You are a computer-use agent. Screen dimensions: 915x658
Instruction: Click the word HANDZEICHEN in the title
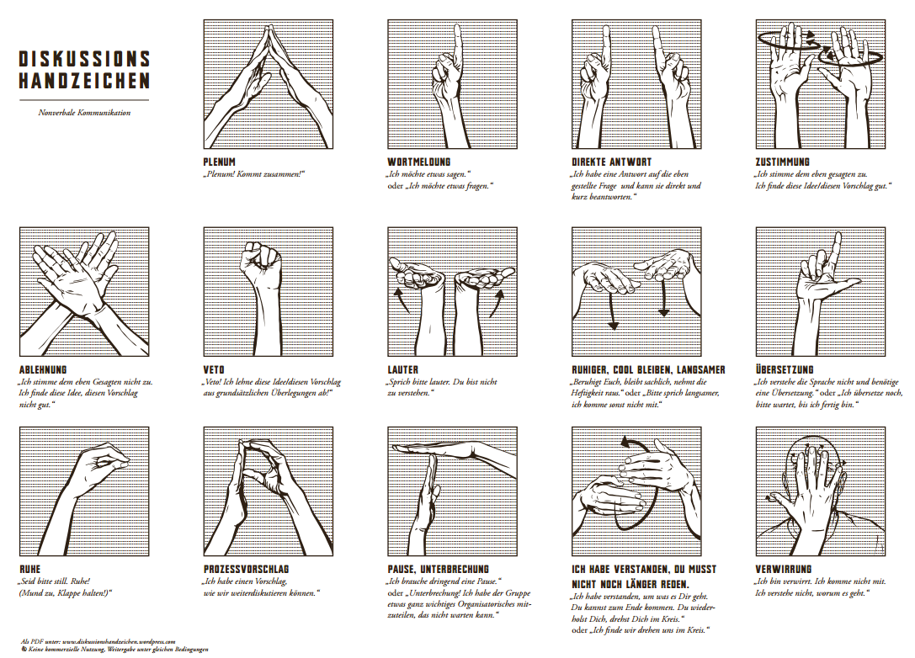85,81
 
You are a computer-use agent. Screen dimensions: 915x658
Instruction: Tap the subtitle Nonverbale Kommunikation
85,113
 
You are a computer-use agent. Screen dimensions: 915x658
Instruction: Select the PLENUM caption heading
220,162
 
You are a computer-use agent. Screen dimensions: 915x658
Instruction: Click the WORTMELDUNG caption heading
419,162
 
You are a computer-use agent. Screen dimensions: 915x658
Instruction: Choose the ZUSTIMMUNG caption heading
783,162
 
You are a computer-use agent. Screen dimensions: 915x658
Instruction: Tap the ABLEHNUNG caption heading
43,370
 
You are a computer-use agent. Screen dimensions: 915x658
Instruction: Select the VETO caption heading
214,370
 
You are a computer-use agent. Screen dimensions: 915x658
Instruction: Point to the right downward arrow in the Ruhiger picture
663,298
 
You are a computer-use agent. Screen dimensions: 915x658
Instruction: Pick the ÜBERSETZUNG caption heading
785,370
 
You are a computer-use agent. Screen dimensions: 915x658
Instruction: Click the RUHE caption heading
29,570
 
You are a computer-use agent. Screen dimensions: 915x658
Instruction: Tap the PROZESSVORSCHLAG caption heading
247,570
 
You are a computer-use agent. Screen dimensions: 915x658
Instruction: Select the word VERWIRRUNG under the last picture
783,570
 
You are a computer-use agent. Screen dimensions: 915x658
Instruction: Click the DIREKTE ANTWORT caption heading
612,162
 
